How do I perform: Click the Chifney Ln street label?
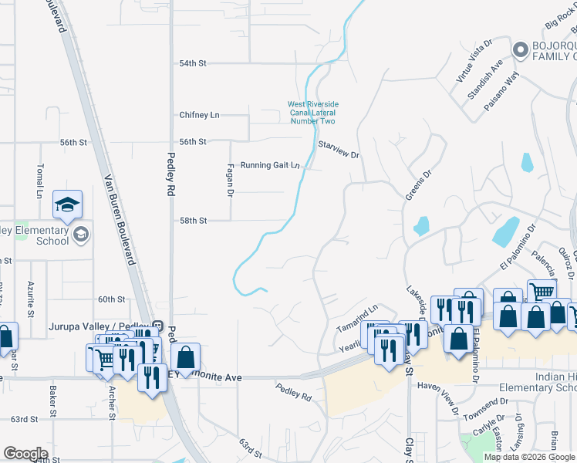point(199,115)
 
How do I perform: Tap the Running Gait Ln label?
point(269,165)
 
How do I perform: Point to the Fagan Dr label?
point(230,179)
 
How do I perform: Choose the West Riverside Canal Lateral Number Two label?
point(312,113)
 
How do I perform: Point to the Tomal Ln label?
point(39,183)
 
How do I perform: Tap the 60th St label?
point(112,299)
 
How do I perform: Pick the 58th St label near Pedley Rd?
point(193,221)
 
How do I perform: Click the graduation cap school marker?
point(67,204)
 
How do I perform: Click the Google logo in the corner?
point(25,453)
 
